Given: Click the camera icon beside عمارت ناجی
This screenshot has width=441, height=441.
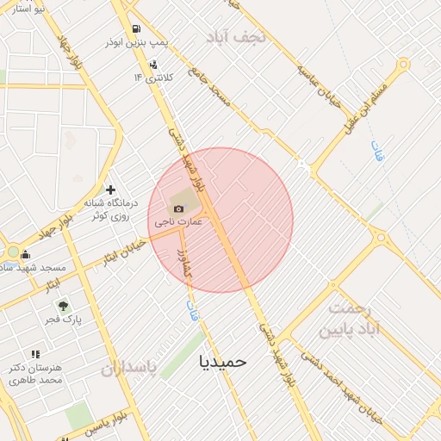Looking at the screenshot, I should point(178,208).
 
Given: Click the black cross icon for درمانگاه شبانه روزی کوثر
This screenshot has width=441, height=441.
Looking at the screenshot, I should point(110,189).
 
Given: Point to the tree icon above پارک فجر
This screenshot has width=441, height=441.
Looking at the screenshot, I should point(62,306).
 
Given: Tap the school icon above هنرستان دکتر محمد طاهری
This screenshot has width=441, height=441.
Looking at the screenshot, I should point(35,354).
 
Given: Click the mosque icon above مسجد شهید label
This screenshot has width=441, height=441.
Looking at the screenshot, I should point(25,254).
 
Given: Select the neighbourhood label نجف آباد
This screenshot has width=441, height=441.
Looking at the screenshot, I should point(231,36).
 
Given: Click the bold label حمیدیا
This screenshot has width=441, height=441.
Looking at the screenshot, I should point(222,361).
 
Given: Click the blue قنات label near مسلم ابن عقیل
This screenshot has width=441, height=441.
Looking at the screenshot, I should point(376,152).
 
